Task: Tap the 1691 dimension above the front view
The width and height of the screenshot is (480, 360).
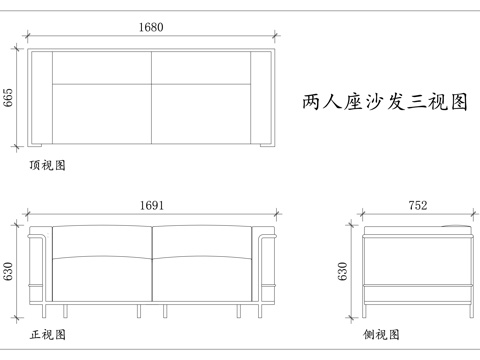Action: pyautogui.click(x=152, y=205)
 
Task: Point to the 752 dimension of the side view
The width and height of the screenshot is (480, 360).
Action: pyautogui.click(x=418, y=205)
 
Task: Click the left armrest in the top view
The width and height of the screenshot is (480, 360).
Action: pyautogui.click(x=41, y=97)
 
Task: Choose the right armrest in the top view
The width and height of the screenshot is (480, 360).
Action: pyautogui.click(x=262, y=97)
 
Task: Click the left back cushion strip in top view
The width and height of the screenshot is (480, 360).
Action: pyautogui.click(x=101, y=66)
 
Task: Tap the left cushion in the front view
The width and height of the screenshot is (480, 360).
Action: pyautogui.click(x=100, y=265)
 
